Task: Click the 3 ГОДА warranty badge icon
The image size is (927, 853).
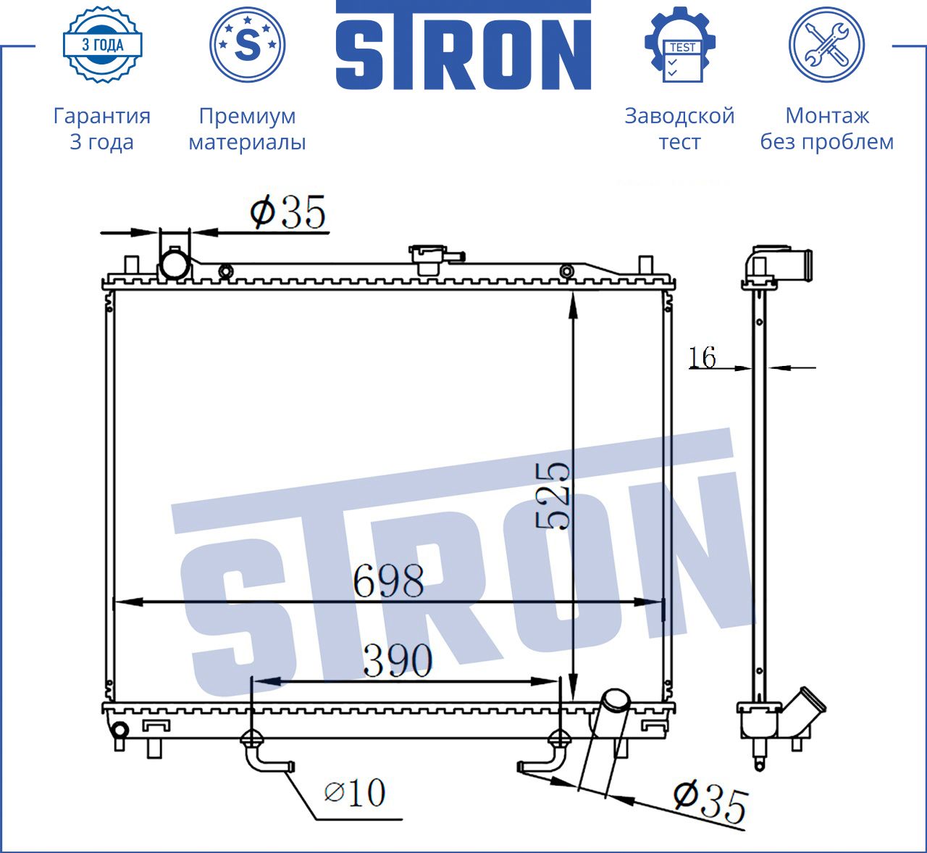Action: point(103,45)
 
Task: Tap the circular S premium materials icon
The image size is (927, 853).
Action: point(247,45)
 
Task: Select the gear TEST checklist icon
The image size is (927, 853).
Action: point(680,45)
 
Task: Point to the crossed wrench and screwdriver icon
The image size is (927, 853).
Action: point(827,45)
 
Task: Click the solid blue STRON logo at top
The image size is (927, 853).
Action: point(463,45)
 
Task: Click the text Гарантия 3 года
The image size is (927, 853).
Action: point(102,128)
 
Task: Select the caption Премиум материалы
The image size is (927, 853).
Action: point(247,128)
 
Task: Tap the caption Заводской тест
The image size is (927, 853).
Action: point(680,128)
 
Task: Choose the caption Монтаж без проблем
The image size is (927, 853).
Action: point(827,128)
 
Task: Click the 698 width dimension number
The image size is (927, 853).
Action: point(388,581)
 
